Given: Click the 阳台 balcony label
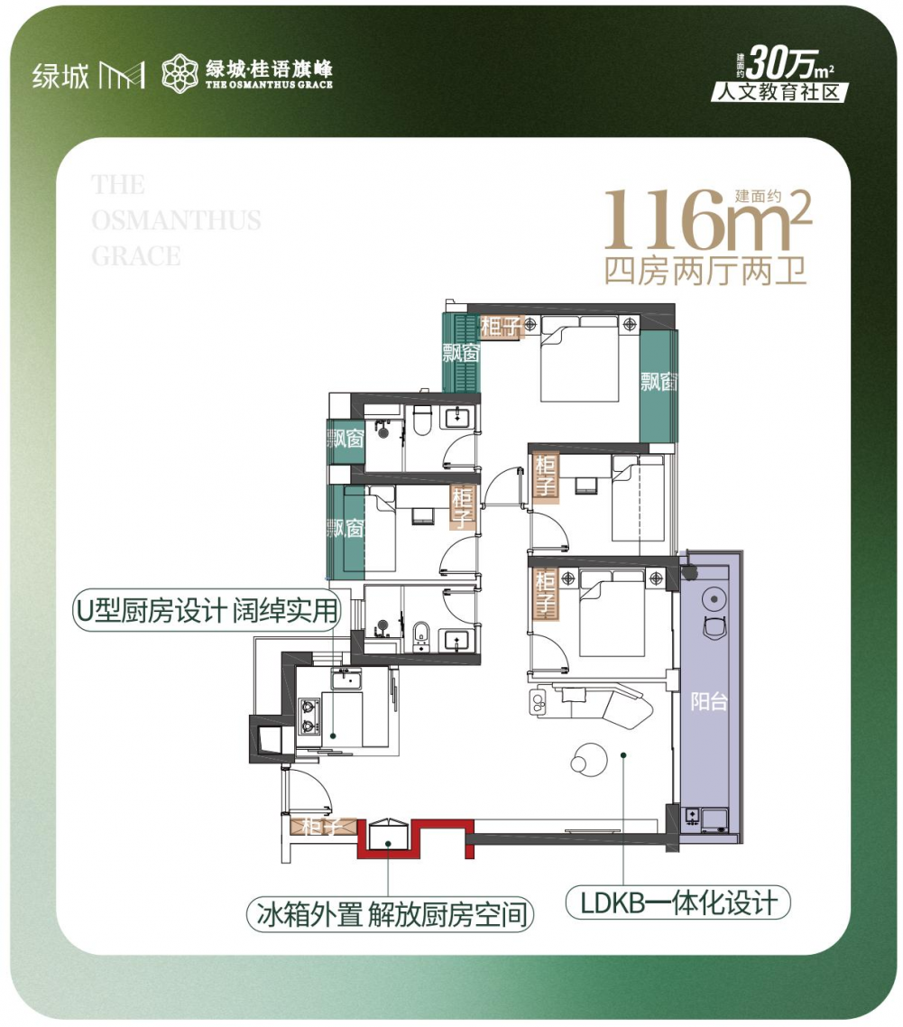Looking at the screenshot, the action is point(708,701).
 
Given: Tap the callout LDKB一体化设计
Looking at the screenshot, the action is point(677,903).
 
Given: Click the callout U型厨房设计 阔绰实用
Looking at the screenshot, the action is point(207,610).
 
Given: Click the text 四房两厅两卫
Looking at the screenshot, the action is point(705,271).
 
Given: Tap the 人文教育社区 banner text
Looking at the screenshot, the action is point(779,92).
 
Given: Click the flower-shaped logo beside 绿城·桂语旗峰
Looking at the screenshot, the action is point(180,73).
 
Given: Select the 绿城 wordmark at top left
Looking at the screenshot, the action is point(60,76).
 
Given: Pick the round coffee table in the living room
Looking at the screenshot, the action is point(589,758).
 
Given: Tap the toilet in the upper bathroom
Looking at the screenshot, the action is point(421,421).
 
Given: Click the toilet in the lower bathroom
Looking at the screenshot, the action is point(421,636).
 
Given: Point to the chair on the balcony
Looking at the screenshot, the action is point(714,625).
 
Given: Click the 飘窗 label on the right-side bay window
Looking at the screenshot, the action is point(659,381).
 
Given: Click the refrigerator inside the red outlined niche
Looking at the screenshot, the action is point(388,835).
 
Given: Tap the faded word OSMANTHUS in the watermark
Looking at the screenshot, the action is point(176,220).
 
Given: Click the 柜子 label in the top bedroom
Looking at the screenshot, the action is point(501,326).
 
